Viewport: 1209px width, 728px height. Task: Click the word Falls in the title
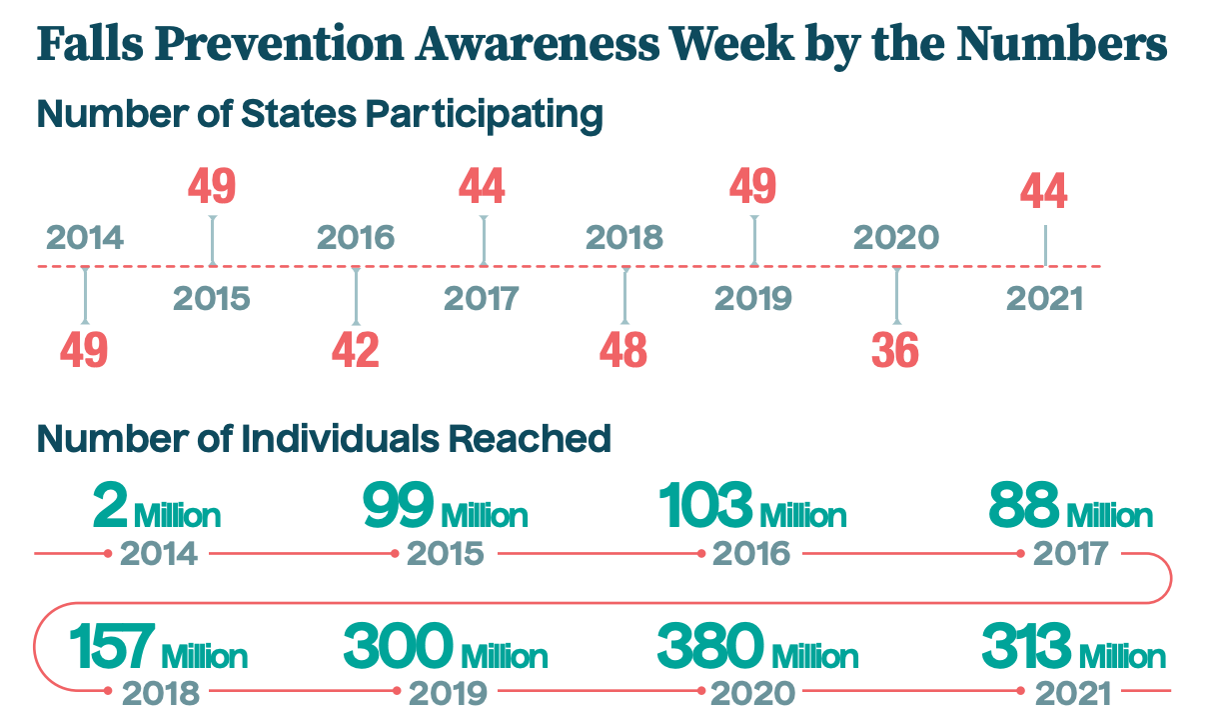pos(90,43)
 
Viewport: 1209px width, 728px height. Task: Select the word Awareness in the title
pos(538,43)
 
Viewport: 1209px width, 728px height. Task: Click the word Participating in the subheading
pos(484,115)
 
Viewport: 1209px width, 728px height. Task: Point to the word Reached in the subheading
pos(530,439)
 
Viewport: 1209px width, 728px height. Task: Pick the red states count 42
pos(355,350)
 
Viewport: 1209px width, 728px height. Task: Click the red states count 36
pos(895,350)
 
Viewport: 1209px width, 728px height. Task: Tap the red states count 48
pos(623,350)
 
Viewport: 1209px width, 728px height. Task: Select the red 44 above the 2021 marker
pos(1044,190)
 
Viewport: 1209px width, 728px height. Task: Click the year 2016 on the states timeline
pos(356,238)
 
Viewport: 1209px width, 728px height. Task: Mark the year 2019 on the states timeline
pos(753,299)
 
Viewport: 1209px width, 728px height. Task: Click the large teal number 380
pos(709,646)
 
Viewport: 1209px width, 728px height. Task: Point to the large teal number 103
pos(705,505)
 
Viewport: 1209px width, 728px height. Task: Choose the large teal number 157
pos(112,646)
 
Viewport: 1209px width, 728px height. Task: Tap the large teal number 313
pos(1026,646)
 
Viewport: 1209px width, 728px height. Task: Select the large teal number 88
pos(1024,505)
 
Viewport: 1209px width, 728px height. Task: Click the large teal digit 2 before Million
pos(110,505)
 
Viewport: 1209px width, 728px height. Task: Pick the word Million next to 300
pos(505,656)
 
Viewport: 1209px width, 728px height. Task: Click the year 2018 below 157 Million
pos(161,694)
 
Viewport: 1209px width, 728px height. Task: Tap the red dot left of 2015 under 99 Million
pos(395,554)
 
